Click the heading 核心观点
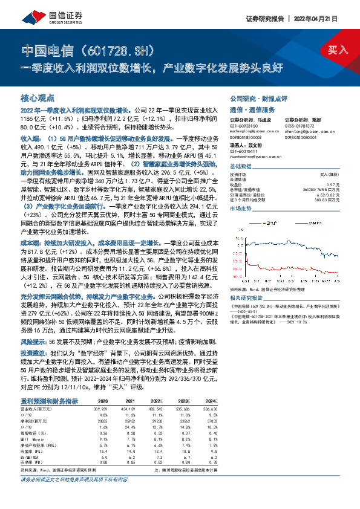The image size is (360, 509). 38,98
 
